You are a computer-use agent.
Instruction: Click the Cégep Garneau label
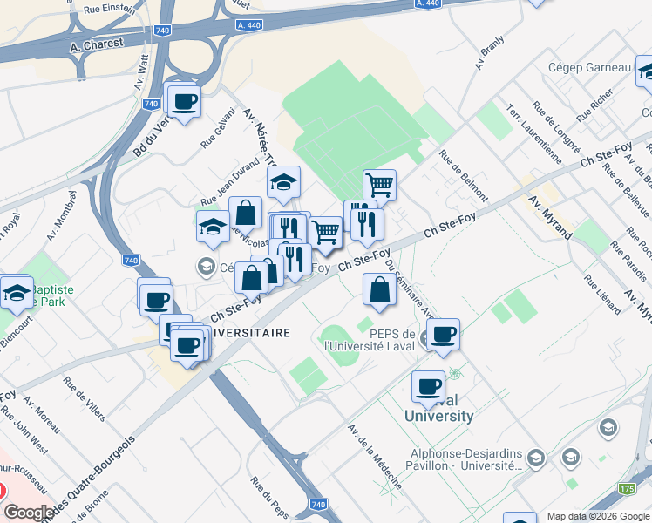tap(589, 68)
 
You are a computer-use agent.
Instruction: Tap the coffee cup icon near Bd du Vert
tap(185, 102)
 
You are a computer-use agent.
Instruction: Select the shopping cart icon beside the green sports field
tap(379, 185)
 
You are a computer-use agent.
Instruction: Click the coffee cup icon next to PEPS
tap(443, 334)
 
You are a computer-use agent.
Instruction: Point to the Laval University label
tap(439, 409)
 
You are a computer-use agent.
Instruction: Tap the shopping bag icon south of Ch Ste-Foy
tap(379, 289)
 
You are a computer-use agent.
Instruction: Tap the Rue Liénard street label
tap(601, 294)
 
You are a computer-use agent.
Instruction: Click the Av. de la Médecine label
tap(375, 456)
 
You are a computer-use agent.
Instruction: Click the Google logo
tap(29, 513)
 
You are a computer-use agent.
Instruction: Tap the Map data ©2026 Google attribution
tap(597, 516)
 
